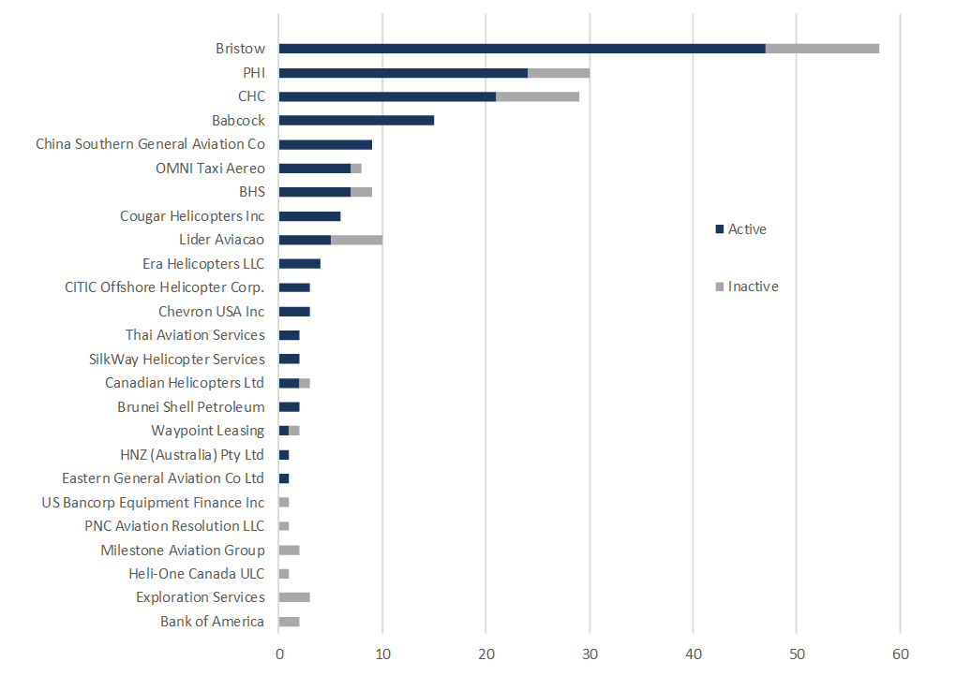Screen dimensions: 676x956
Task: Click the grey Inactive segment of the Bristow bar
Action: [x=822, y=49]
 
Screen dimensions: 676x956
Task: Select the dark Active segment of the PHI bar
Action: [x=403, y=73]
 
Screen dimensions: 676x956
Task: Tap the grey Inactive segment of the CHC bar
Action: [x=537, y=96]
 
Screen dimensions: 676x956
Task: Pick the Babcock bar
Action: [x=356, y=121]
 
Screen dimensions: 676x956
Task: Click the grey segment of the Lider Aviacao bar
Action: [x=356, y=240]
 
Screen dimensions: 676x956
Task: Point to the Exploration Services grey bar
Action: [x=294, y=597]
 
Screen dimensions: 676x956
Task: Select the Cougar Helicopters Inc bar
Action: [x=309, y=216]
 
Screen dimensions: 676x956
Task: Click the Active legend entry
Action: [x=740, y=229]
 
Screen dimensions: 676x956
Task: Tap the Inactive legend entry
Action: [x=746, y=287]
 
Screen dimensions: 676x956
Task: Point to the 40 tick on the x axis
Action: [x=693, y=654]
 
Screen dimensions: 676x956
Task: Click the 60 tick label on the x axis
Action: [x=900, y=654]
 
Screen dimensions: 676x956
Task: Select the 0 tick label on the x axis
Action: [x=279, y=654]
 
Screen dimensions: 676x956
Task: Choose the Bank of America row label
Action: [x=212, y=622]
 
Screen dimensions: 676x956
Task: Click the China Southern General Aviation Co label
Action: [x=150, y=144]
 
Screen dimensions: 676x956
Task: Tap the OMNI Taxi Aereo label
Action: [x=210, y=169]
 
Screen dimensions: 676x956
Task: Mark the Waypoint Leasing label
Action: [x=207, y=431]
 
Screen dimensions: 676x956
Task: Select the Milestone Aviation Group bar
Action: [x=289, y=551]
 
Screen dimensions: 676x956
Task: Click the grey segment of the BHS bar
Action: [x=361, y=192]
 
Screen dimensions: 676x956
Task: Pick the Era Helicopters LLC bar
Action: [x=300, y=264]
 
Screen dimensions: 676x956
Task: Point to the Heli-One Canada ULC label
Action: [x=196, y=574]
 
